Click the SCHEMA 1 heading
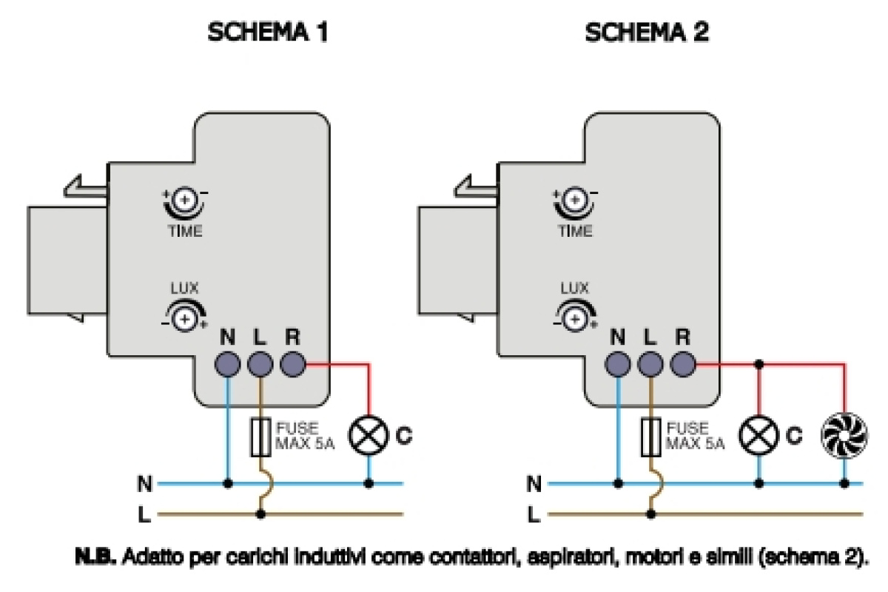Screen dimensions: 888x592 268,32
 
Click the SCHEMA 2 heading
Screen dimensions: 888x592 647,32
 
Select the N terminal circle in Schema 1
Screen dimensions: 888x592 228,364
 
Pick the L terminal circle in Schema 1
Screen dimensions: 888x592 260,364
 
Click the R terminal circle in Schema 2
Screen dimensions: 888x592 683,364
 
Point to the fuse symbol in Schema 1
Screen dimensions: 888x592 260,437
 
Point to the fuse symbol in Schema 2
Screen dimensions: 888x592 651,437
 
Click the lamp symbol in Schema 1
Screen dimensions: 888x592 369,435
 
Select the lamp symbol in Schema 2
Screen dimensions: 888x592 758,435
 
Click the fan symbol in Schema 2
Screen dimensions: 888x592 844,435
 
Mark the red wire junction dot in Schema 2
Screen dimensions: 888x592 758,364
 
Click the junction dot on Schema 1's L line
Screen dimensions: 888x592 260,514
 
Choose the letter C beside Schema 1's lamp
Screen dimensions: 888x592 404,435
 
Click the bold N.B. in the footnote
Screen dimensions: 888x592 95,556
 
